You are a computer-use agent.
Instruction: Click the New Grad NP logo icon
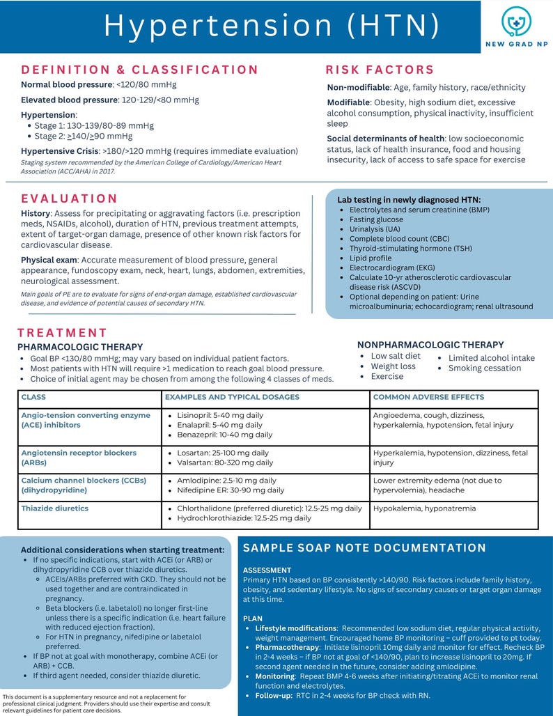point(516,22)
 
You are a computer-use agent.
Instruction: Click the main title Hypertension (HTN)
point(272,26)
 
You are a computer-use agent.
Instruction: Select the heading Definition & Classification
point(139,70)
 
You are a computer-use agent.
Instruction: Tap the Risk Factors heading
point(380,70)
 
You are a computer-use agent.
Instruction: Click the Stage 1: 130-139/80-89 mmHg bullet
point(94,126)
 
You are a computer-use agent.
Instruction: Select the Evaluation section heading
point(70,199)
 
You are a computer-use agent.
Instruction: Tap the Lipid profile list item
point(371,258)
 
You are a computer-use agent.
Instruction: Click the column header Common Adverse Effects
point(428,397)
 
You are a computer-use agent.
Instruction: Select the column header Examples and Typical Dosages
point(232,397)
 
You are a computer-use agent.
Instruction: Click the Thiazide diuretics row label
point(55,508)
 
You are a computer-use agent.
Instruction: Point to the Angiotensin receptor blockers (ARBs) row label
point(79,458)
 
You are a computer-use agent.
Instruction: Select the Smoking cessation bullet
point(485,368)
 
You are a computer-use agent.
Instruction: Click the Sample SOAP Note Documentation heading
point(364,548)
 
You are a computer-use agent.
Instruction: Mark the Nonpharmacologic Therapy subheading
point(430,345)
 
